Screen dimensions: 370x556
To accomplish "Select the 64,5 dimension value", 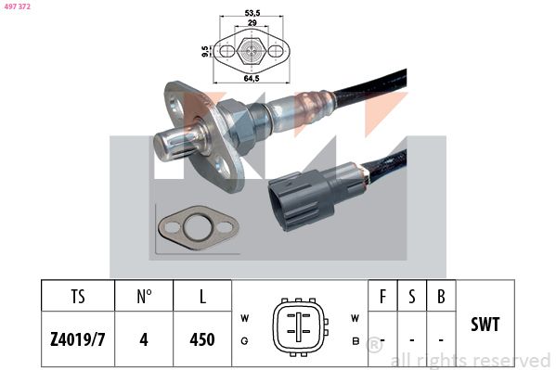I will (251, 79).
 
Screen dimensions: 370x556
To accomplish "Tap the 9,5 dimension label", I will (205, 52).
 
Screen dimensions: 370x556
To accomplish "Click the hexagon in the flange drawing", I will (251, 51).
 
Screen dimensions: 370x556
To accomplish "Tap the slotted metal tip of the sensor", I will (176, 141).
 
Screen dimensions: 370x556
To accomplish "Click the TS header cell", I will (78, 298).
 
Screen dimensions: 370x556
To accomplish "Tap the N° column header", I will (144, 298).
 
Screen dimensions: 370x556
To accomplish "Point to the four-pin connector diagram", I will (298, 326).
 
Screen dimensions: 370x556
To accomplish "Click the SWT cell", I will (485, 325).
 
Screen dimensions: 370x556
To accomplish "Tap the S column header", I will (411, 298).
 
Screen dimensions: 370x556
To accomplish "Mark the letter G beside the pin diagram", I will (244, 339).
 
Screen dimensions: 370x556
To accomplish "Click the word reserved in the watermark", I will (510, 360).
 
